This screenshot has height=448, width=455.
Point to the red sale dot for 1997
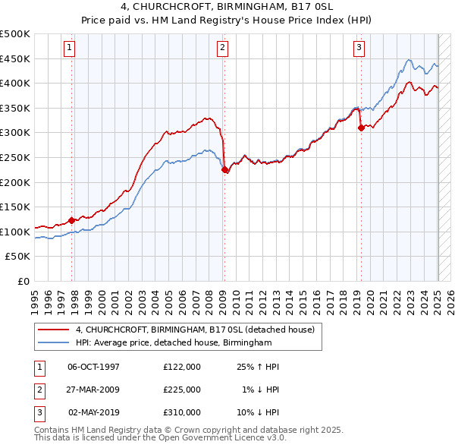72,221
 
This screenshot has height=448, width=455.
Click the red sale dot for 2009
225,170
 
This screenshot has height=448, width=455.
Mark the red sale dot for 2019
361,128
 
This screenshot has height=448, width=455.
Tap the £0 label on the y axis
24,281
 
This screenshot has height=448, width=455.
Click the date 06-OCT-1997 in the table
94,367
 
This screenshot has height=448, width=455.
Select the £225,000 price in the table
182,390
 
